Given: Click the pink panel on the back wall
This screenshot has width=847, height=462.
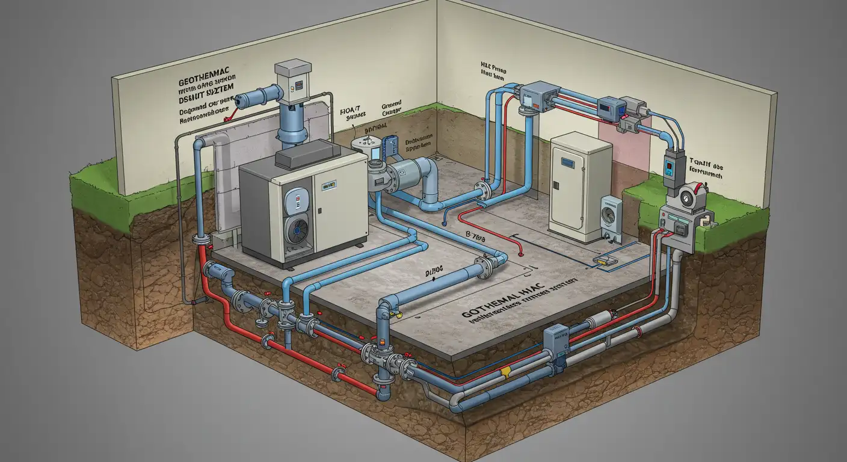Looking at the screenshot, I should click(626, 144).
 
